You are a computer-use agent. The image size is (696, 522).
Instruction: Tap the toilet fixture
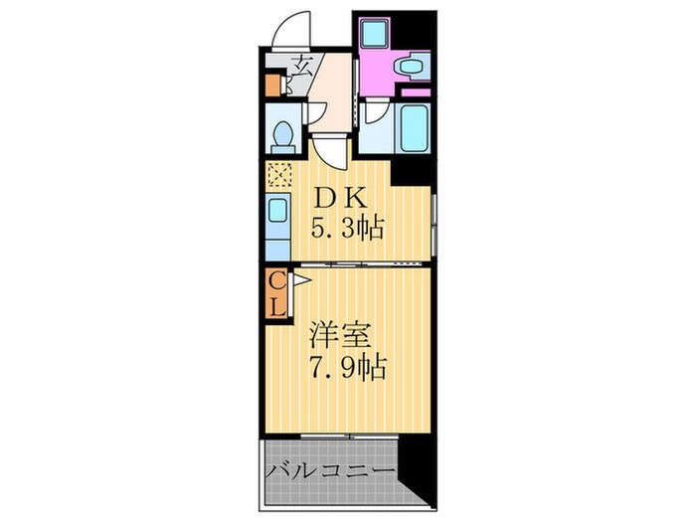[x=281, y=133]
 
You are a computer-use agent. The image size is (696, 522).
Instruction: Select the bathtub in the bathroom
[x=413, y=126]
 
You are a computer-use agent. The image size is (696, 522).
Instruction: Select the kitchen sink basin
[x=276, y=210]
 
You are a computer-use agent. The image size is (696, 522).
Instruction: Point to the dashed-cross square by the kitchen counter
[x=276, y=175]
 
